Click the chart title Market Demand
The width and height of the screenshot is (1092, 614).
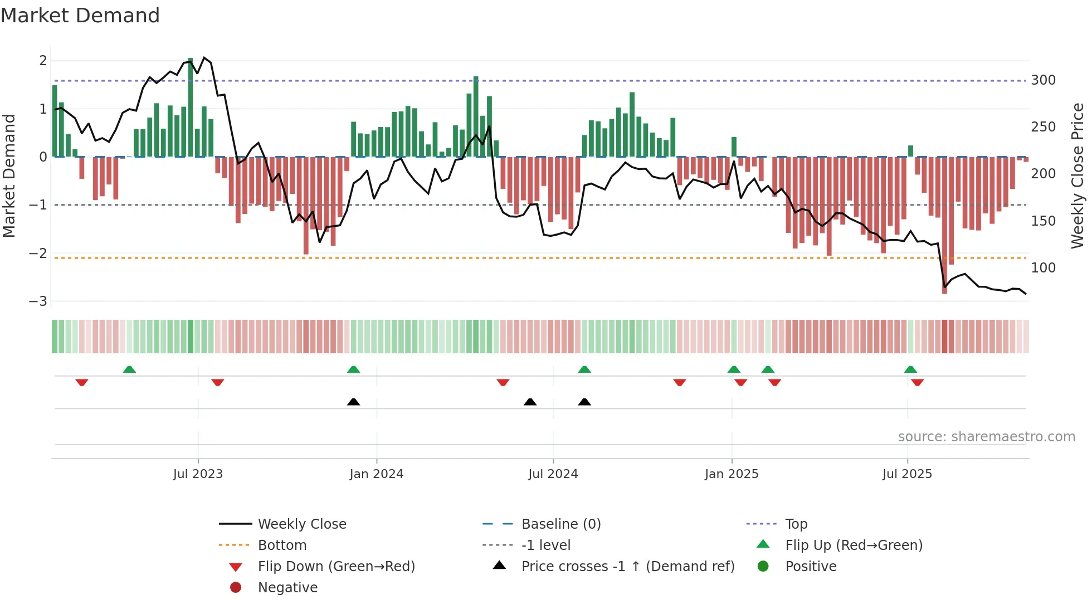click(80, 16)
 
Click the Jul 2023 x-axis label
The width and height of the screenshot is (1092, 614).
click(198, 474)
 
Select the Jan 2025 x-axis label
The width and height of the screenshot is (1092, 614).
click(732, 474)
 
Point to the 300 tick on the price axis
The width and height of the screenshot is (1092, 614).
click(1043, 80)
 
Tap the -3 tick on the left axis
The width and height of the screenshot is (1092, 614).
click(38, 301)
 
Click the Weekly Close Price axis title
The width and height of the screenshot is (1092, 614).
click(1078, 176)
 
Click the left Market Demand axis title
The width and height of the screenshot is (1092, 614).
click(9, 176)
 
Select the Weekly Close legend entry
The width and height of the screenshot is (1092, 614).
click(301, 524)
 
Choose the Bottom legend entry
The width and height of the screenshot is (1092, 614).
click(282, 545)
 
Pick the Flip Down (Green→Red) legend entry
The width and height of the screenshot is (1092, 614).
click(336, 567)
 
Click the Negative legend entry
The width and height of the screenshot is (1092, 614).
click(287, 588)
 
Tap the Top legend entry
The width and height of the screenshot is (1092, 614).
click(796, 524)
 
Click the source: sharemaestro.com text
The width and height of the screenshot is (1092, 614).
click(986, 437)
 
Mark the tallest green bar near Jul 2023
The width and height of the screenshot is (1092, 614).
click(191, 106)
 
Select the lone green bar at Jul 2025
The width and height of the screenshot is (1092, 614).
click(910, 151)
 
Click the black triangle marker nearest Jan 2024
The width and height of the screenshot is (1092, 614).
click(353, 402)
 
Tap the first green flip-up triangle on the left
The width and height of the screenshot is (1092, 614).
click(129, 369)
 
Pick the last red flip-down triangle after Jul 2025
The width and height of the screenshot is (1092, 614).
click(918, 382)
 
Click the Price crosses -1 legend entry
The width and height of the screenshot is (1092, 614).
click(627, 567)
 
